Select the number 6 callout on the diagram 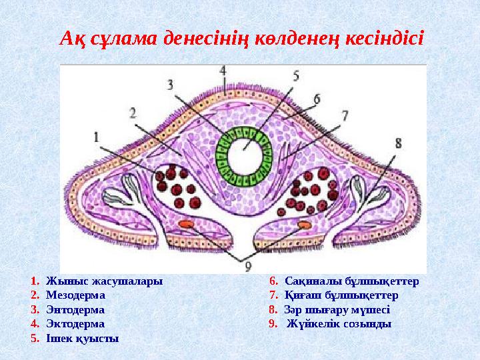point(316,97)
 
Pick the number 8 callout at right point(398,142)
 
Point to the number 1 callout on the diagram point(97,136)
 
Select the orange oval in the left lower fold point(187,225)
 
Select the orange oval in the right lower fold point(304,225)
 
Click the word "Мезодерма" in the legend point(75,295)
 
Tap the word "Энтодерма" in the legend point(75,309)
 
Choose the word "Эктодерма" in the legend point(75,324)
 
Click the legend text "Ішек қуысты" point(83,339)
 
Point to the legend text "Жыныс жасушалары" point(104,281)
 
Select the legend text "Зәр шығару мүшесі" point(337,309)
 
